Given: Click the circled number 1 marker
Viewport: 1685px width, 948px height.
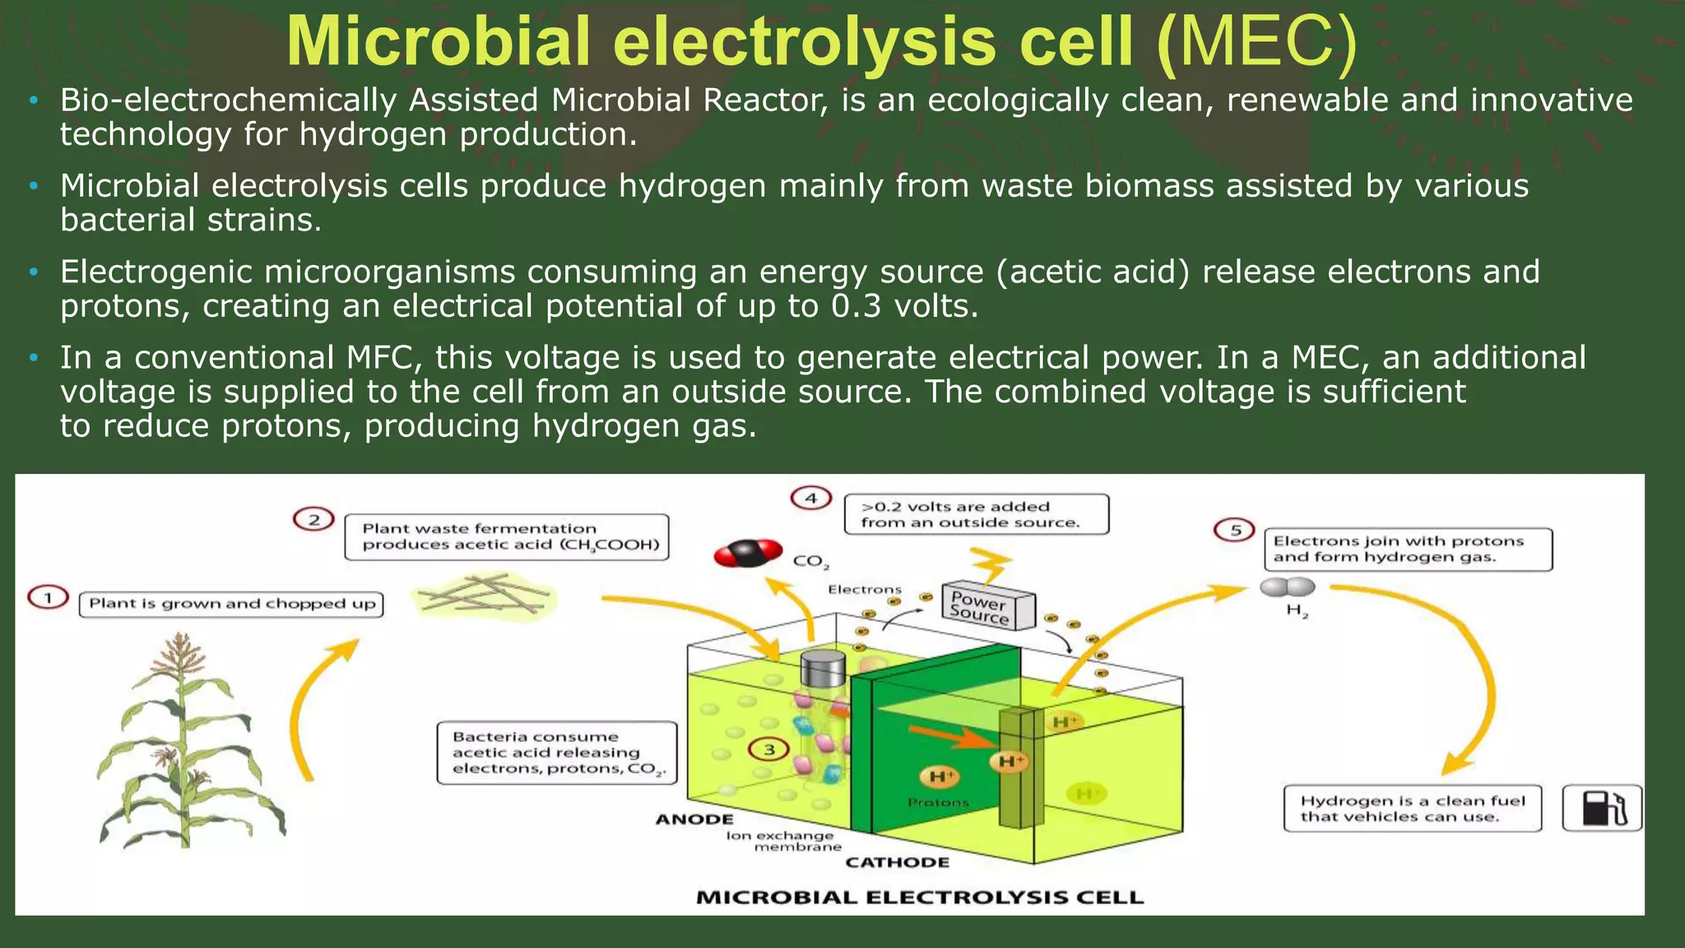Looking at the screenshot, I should pos(48,597).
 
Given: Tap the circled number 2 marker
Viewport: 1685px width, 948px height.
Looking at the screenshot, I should pos(313,519).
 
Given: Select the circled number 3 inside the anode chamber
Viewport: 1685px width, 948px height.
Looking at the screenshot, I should pos(769,749).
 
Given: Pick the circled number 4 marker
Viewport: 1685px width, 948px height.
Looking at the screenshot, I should pos(810,498).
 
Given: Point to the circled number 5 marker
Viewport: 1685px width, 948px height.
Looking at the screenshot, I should pos(1234,530).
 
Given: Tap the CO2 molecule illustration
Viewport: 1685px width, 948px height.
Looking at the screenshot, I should pos(748,554).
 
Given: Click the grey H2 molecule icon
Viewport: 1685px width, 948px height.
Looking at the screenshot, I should pos(1288,587).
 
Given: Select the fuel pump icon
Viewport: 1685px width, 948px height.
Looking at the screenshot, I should pos(1601,808).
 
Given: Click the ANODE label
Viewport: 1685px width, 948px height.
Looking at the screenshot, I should pos(694,819).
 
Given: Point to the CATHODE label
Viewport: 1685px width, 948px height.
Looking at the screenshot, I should pos(897,862).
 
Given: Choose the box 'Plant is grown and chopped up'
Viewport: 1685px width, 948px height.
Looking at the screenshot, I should pos(231,604).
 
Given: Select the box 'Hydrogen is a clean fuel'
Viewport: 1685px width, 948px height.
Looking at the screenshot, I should pos(1412,808).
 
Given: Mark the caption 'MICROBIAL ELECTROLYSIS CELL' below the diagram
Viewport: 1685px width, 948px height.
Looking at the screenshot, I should pos(919,897).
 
